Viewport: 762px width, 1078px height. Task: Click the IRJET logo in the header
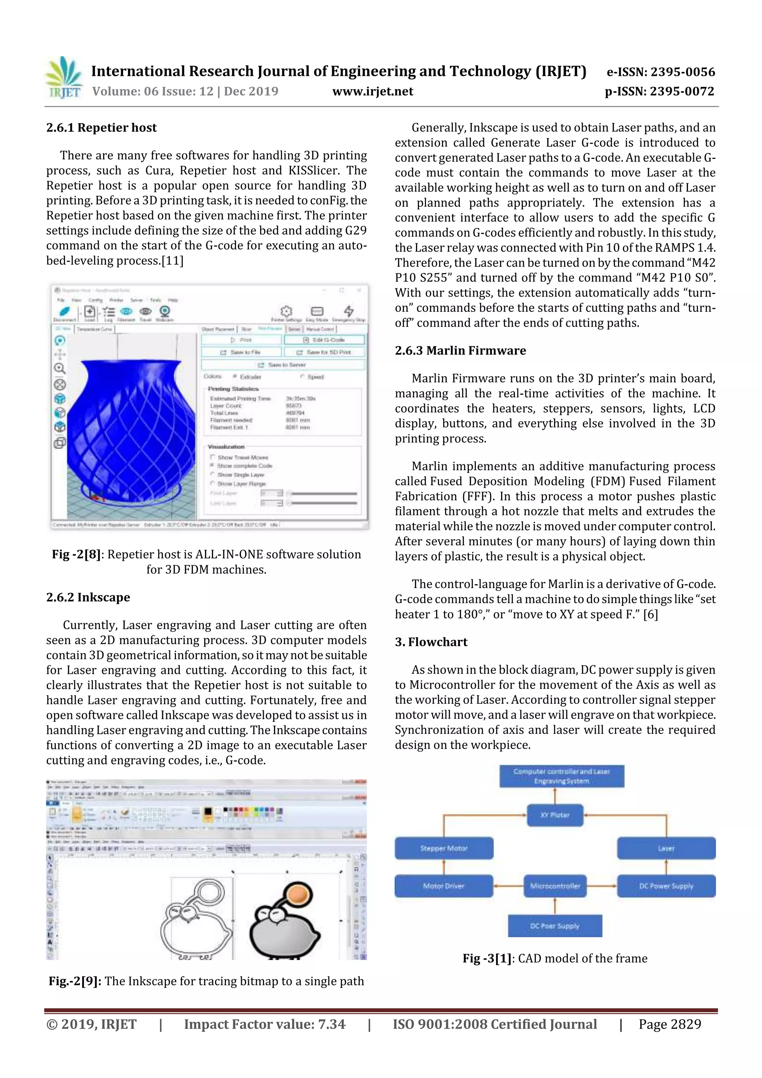click(63, 78)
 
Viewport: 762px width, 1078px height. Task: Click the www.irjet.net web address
click(373, 92)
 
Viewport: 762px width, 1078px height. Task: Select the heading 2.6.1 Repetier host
click(102, 128)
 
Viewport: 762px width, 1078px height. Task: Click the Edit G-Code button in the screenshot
click(324, 339)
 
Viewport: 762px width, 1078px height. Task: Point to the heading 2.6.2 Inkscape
click(88, 597)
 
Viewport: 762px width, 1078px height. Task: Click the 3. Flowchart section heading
click(431, 642)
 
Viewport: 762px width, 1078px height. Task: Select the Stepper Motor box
click(444, 848)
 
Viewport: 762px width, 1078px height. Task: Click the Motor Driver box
click(444, 886)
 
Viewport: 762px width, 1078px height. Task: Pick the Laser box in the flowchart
click(666, 848)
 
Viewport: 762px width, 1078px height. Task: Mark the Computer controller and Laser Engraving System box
click(561, 776)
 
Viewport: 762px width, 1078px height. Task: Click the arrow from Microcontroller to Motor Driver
click(509, 886)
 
